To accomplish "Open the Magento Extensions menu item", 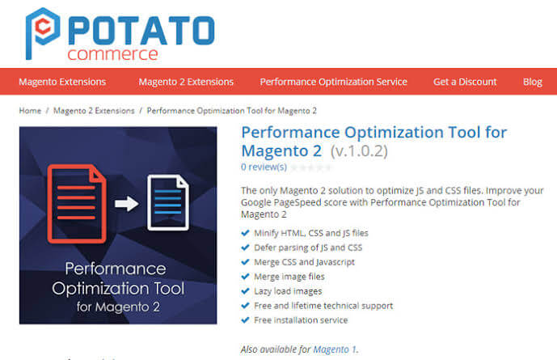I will tap(62, 82).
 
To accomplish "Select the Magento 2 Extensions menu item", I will tap(186, 82).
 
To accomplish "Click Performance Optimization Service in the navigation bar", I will tap(333, 82).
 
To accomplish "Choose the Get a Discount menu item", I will tap(465, 82).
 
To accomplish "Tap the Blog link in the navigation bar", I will tap(533, 82).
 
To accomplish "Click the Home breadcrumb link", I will tap(30, 111).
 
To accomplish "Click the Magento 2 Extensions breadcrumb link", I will tap(94, 111).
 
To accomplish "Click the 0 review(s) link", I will tap(264, 167).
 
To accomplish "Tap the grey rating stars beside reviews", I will tap(311, 167).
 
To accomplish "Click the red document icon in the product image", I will tap(77, 203).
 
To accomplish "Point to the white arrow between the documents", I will tap(127, 205).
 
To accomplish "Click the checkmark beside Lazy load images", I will tap(246, 291).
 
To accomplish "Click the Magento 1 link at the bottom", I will tap(335, 349).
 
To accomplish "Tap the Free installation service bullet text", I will tap(302, 320).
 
